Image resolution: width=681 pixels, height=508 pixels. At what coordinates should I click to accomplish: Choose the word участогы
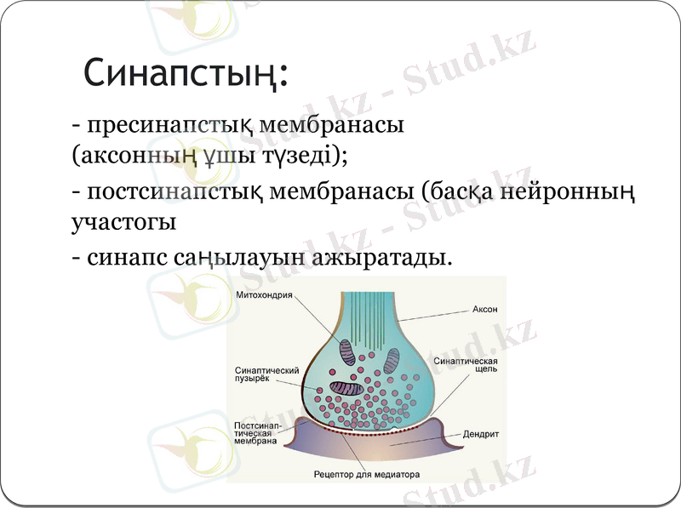pyautogui.click(x=123, y=223)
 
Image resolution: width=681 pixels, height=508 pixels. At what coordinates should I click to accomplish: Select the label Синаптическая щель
pyautogui.click(x=465, y=366)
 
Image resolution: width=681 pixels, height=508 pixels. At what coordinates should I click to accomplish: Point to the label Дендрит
pyautogui.click(x=481, y=433)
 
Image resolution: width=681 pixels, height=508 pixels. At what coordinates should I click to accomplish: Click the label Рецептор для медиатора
pyautogui.click(x=366, y=474)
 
